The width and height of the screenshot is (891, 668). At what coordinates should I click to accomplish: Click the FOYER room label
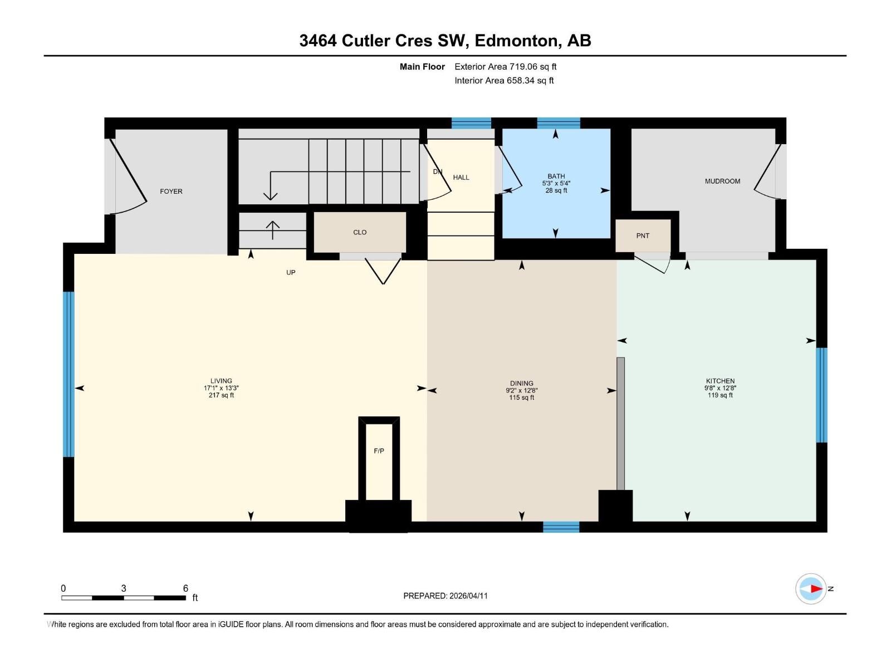(171, 191)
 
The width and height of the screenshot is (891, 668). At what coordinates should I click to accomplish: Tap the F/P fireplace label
(379, 451)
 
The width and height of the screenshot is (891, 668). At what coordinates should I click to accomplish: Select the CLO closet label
(360, 233)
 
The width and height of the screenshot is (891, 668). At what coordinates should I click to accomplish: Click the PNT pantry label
(643, 236)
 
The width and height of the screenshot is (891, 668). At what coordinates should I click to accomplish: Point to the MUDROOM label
(722, 181)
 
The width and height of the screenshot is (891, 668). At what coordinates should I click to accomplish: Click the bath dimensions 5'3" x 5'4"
(556, 183)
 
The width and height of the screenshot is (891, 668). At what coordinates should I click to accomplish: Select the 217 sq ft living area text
(221, 396)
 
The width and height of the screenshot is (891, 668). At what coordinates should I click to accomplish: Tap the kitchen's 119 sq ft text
(720, 395)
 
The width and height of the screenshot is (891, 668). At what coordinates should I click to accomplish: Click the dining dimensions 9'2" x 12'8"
(521, 391)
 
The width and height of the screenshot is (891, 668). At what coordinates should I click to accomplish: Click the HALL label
(461, 178)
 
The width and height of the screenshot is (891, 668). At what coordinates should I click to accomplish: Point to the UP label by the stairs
(291, 273)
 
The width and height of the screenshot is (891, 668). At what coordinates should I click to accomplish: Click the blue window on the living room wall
(68, 374)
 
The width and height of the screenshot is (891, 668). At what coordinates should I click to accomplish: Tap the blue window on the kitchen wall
(821, 395)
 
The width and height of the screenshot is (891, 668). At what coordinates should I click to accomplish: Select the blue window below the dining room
(561, 527)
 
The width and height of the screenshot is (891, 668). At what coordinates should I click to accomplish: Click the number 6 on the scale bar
(185, 588)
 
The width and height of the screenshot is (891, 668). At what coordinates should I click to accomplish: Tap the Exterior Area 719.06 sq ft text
(505, 67)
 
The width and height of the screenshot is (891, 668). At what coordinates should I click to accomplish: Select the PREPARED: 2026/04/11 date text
(445, 596)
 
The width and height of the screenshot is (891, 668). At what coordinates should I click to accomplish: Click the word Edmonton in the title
(516, 41)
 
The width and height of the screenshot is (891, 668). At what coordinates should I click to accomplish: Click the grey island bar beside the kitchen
(620, 423)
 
